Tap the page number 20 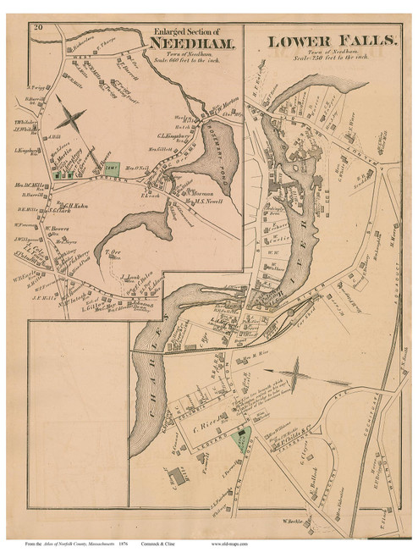coord(38,30)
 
